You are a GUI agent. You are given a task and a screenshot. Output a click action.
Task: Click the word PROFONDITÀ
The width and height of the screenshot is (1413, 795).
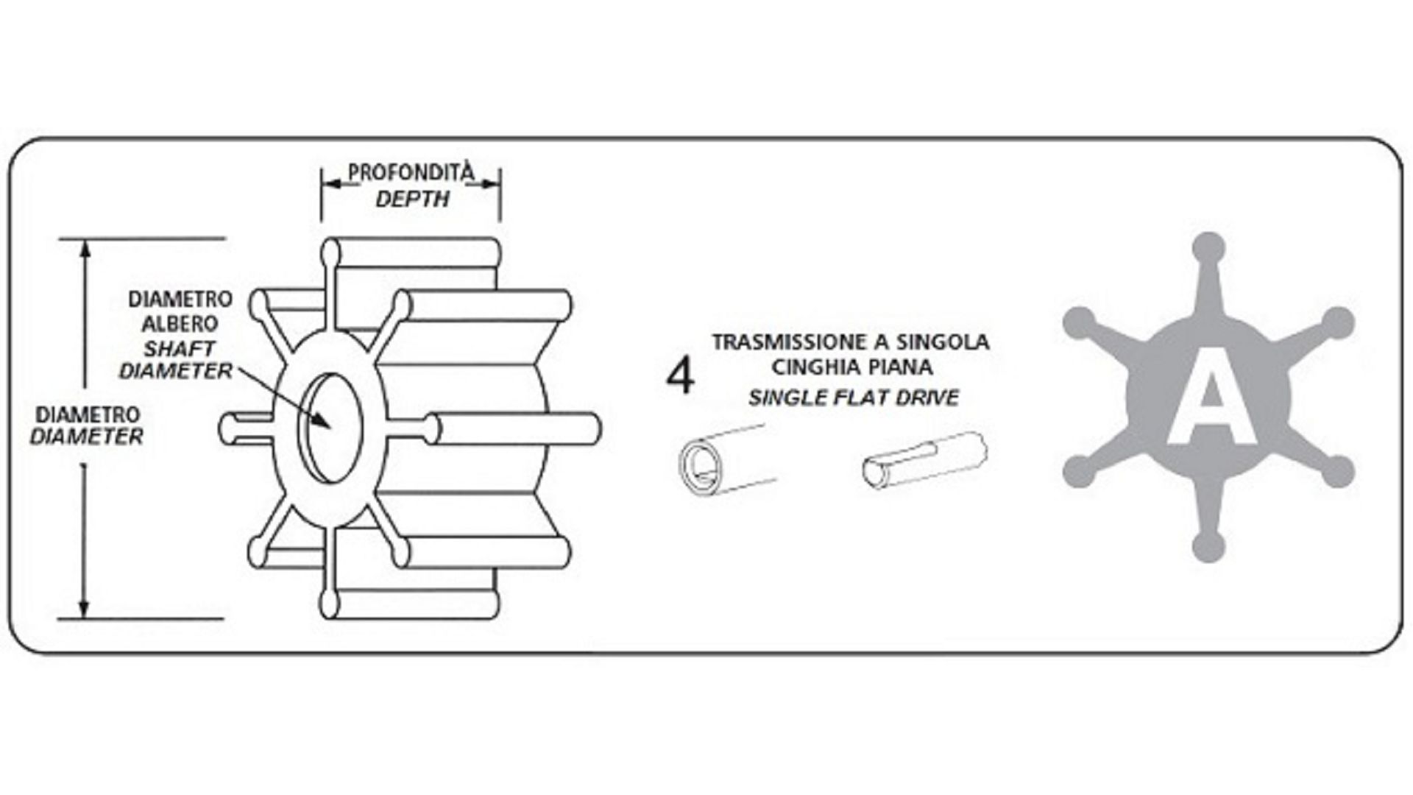point(411,173)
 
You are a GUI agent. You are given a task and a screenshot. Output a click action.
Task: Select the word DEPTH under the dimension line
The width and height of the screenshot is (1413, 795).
point(412,199)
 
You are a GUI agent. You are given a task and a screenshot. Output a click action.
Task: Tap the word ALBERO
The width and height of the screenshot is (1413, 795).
point(180,323)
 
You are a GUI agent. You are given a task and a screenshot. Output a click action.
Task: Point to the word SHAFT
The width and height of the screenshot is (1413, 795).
point(180,347)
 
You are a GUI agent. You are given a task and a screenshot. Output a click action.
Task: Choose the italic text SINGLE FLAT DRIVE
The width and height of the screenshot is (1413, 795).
point(854,398)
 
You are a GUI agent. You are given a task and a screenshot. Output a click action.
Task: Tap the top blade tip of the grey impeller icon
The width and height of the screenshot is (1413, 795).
point(1208,247)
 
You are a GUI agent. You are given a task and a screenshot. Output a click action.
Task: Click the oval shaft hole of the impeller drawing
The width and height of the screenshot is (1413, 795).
point(333,427)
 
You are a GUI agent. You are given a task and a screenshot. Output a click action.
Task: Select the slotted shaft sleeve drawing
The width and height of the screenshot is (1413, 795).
point(924,460)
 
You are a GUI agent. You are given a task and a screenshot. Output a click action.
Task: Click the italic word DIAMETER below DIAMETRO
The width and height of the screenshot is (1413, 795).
point(87,437)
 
